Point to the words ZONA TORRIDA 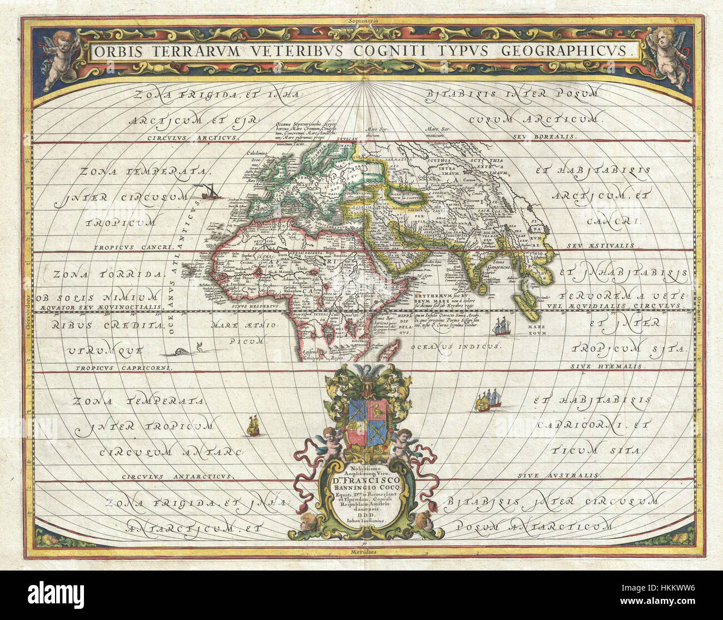109,274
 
